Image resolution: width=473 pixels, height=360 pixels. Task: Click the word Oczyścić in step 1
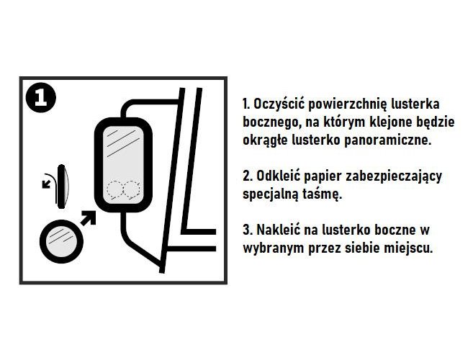coord(278,104)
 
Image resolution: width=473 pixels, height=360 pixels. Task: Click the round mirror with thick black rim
coord(61,240)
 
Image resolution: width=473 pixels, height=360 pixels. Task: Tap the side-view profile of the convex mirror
coord(63,186)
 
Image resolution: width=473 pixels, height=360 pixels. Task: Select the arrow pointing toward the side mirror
coord(88,218)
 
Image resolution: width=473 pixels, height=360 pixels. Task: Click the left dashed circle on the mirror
coord(114,189)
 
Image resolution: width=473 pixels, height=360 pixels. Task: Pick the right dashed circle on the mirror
coord(132,189)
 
